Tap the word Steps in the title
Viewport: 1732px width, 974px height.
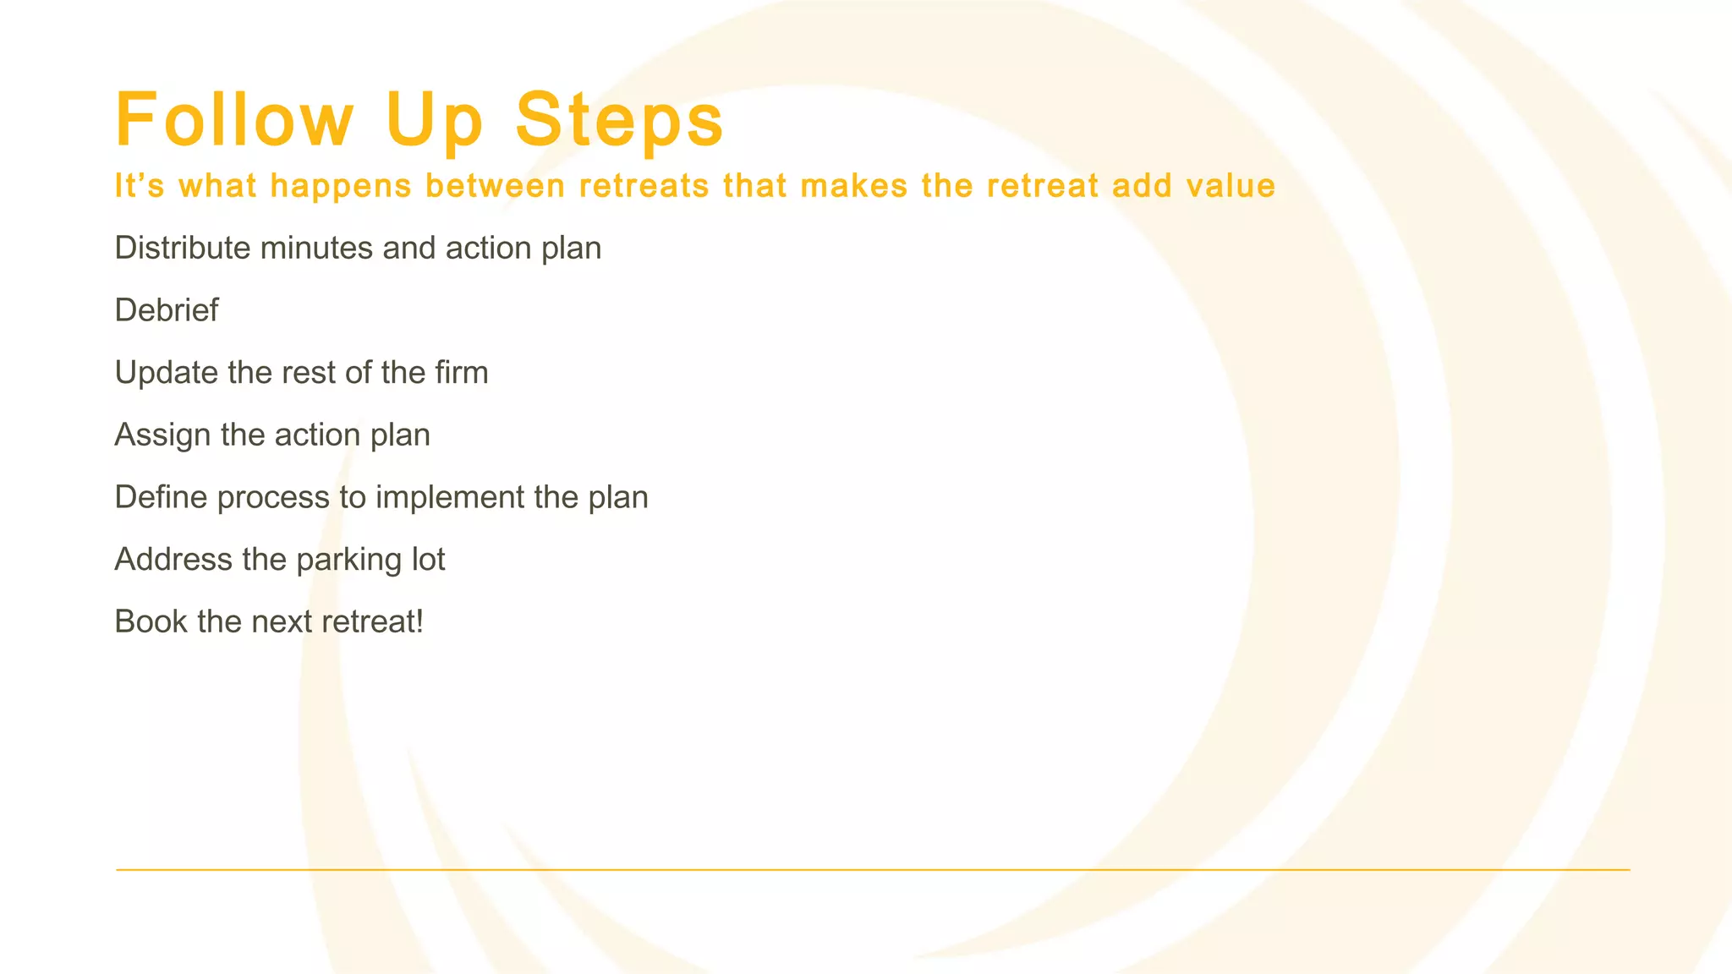click(x=619, y=119)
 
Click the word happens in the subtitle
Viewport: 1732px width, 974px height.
click(x=341, y=186)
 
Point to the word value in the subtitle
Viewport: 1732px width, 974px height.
click(x=1230, y=185)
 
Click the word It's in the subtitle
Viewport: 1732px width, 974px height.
click(x=140, y=185)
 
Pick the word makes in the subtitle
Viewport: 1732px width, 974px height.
click(x=854, y=185)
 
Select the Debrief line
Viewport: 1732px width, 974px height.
click(x=166, y=310)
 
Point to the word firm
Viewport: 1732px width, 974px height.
click(x=462, y=372)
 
